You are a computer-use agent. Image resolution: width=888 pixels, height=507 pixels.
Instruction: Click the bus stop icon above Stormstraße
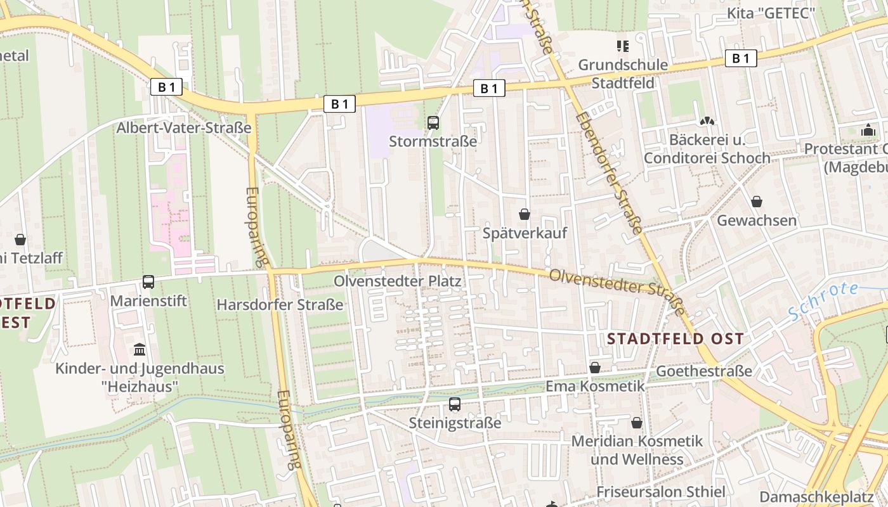click(x=433, y=122)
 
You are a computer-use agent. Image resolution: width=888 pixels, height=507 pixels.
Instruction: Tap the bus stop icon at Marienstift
click(x=148, y=282)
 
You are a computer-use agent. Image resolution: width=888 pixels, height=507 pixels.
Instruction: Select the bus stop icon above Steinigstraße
click(x=455, y=404)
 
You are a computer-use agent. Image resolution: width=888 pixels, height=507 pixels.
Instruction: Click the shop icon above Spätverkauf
click(x=525, y=214)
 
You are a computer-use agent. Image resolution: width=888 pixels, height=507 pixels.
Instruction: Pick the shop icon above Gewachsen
click(x=756, y=202)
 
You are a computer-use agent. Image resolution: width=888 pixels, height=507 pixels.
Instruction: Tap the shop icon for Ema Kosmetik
click(x=595, y=368)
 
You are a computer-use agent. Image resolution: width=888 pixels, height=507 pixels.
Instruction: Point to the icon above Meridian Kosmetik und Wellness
click(x=637, y=423)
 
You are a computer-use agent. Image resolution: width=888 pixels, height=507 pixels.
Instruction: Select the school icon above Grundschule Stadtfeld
click(x=623, y=46)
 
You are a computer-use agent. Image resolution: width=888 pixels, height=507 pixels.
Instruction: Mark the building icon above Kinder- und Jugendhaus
click(x=140, y=350)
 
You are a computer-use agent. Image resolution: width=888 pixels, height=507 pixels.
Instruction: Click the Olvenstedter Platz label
click(x=398, y=280)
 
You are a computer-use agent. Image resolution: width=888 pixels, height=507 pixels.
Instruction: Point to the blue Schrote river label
click(x=823, y=300)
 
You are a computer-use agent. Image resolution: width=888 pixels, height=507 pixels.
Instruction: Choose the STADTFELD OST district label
click(x=675, y=338)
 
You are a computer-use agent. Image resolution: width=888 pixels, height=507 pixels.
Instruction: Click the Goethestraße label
click(x=704, y=371)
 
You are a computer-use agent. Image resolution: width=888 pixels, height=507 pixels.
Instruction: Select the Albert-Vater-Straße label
click(x=184, y=127)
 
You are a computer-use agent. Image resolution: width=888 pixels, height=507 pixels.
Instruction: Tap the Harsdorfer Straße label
click(x=280, y=304)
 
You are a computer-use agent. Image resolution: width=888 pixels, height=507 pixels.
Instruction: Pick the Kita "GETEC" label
click(x=771, y=13)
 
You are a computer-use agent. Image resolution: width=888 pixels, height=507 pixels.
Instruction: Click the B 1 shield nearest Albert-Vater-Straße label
click(x=166, y=87)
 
